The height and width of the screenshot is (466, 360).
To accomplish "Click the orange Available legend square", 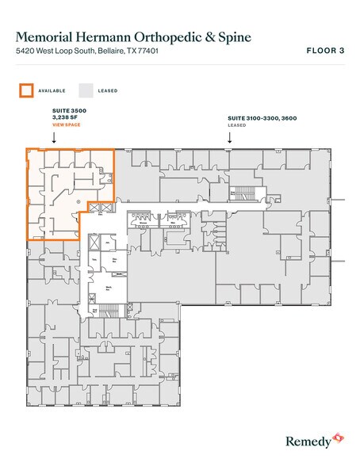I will [25, 90].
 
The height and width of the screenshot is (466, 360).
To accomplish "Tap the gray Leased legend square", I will [85, 90].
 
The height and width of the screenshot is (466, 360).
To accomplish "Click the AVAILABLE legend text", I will [52, 90].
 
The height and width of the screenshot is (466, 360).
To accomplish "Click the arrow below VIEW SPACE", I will [53, 137].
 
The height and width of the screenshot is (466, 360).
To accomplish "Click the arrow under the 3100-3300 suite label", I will [229, 137].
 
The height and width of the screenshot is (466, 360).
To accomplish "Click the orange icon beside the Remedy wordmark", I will [338, 436].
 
